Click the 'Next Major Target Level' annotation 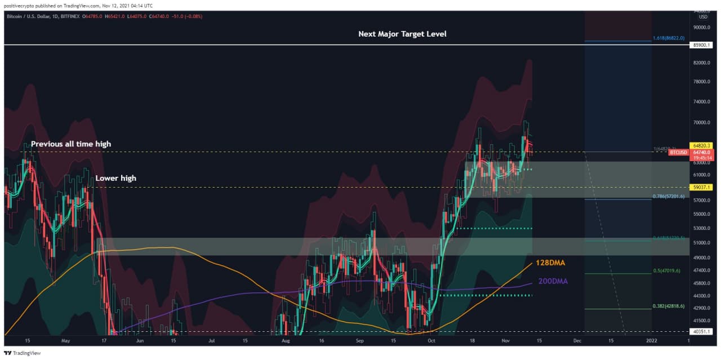pos(402,34)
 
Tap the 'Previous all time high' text pos(71,144)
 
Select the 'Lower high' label pos(115,178)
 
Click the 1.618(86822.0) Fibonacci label pos(669,38)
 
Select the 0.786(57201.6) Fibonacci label pos(669,197)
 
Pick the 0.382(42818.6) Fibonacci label pos(669,306)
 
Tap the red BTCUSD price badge pos(678,152)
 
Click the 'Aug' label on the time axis pos(286,341)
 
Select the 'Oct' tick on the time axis pos(431,341)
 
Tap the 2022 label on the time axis pos(651,341)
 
